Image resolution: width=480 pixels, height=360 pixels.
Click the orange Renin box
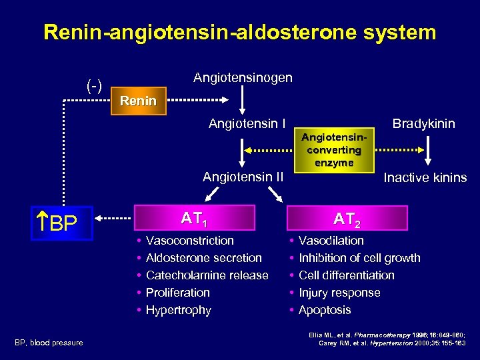(137, 101)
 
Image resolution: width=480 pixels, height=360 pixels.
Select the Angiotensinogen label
(243, 78)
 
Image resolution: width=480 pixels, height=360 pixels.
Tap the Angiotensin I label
(247, 123)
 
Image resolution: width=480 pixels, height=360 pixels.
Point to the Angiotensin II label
(243, 177)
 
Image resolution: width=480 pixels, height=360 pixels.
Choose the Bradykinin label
(424, 123)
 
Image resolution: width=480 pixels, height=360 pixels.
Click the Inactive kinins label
(425, 177)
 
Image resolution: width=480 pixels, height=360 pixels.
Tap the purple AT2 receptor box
(348, 217)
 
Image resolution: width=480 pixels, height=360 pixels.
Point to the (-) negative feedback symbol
(94, 85)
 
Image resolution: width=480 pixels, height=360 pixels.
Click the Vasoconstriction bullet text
(189, 241)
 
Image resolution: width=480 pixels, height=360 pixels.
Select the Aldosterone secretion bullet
(203, 258)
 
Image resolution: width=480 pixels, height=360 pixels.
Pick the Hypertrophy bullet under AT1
(178, 310)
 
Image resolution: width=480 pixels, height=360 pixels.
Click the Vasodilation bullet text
(331, 241)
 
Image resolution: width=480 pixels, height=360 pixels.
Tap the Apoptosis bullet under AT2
(325, 310)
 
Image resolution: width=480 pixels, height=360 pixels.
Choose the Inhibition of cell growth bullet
(359, 258)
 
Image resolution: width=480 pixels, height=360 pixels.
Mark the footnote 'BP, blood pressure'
(49, 343)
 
